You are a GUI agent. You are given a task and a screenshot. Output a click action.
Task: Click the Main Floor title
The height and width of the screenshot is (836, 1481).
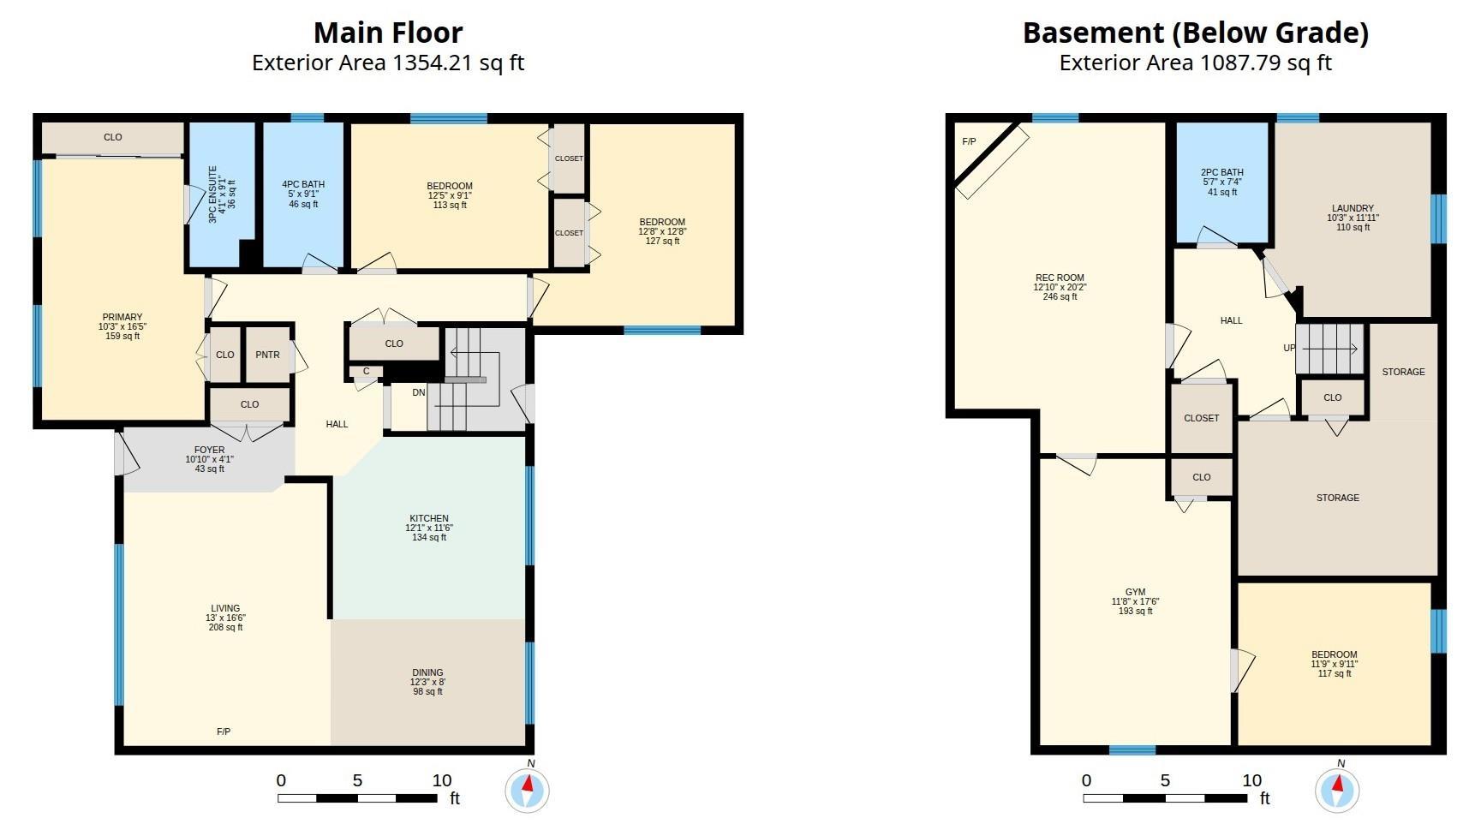coord(388,33)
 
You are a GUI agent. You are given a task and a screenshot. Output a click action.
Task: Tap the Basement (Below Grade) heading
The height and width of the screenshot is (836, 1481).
coord(1195,33)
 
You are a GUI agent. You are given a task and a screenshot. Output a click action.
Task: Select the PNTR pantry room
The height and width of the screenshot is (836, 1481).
coord(268,354)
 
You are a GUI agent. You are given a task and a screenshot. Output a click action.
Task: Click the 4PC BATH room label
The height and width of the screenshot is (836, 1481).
coord(303,184)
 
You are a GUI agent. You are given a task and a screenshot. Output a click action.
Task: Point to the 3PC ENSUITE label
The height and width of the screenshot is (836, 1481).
coord(213,194)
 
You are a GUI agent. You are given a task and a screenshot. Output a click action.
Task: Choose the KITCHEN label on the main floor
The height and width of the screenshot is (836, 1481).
coord(429,518)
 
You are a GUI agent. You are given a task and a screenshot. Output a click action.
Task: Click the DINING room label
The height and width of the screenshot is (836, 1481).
coord(428,672)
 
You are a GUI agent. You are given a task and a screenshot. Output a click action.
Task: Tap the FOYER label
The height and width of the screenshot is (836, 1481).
coord(210,450)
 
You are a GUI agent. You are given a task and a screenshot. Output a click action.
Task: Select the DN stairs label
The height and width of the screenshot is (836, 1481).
coord(419,393)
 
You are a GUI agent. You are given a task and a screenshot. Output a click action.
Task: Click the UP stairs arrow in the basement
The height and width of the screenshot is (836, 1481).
coord(1331,349)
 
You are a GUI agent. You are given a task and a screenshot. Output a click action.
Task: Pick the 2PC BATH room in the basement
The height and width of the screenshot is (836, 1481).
coord(1221,182)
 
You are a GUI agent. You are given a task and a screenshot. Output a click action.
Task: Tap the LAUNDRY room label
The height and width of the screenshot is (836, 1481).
coord(1353,208)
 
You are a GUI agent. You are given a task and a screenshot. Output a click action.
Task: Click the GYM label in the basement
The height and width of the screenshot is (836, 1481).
coord(1135,592)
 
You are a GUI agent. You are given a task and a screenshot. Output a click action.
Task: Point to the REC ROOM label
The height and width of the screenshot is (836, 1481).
coord(1060,278)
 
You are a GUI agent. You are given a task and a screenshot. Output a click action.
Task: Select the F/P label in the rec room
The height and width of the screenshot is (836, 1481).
coord(969,141)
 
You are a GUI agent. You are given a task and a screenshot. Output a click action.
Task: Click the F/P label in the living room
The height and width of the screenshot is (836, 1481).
coord(224,731)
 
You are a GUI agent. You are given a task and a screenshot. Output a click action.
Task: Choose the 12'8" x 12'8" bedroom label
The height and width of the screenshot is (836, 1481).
coord(662,231)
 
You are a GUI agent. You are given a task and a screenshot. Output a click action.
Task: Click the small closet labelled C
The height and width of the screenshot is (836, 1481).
coord(366,371)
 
